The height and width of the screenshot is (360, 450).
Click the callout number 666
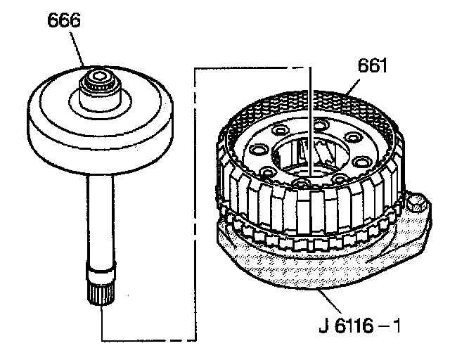[64, 20]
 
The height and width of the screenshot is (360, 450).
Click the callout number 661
[372, 65]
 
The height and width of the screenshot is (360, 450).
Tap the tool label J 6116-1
[359, 326]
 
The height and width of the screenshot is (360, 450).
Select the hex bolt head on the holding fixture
[416, 202]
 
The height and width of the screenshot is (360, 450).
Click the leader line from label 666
[77, 49]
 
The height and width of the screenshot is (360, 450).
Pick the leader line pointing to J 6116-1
[330, 302]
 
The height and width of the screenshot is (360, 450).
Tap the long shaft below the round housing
[101, 221]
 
